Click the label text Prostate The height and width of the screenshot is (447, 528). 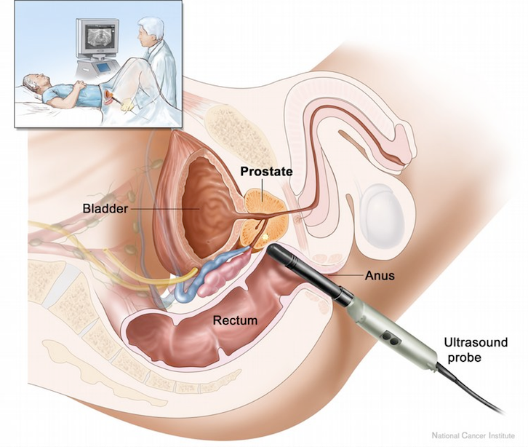pyautogui.click(x=266, y=172)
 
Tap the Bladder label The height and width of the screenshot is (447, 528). pyautogui.click(x=105, y=209)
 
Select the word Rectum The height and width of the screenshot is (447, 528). pyautogui.click(x=235, y=320)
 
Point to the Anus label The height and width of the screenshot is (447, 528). pyautogui.click(x=380, y=276)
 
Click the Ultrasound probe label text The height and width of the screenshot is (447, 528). pyautogui.click(x=476, y=349)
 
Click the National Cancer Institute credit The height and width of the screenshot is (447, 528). pyautogui.click(x=473, y=435)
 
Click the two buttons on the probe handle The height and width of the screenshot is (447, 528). pyautogui.click(x=391, y=339)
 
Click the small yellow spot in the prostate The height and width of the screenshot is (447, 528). pyautogui.click(x=265, y=237)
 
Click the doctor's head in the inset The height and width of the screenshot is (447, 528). pyautogui.click(x=151, y=32)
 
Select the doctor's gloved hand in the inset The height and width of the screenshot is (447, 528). pyautogui.click(x=128, y=105)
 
